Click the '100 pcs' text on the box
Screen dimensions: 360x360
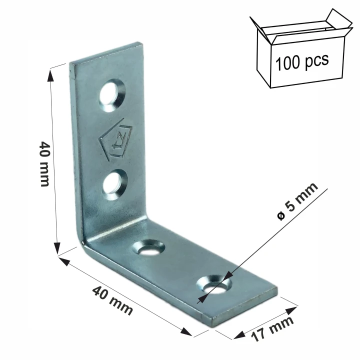pyautogui.click(x=302, y=62)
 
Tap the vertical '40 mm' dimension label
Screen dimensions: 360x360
pyautogui.click(x=44, y=163)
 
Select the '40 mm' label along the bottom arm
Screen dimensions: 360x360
pyautogui.click(x=112, y=301)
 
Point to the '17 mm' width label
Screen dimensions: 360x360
pyautogui.click(x=272, y=328)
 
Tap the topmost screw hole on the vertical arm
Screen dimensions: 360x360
pyautogui.click(x=112, y=95)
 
